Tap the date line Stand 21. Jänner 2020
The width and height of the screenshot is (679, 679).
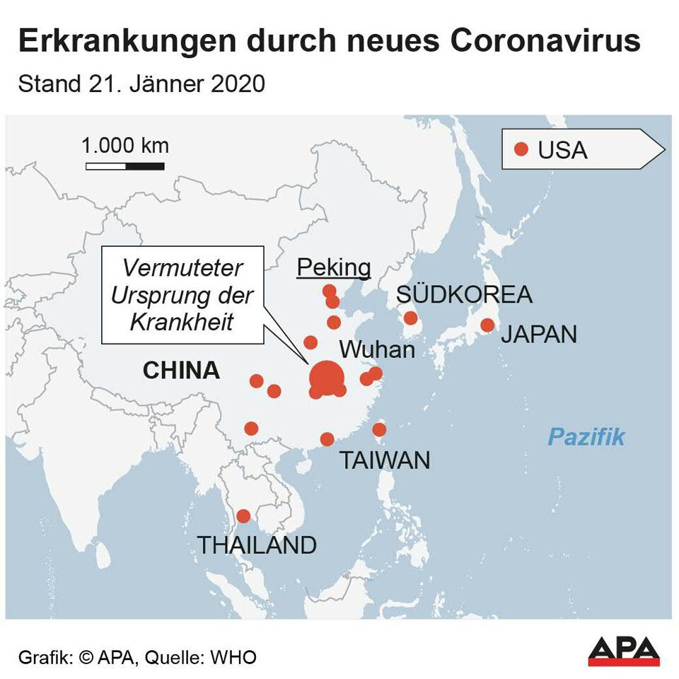pos(141,84)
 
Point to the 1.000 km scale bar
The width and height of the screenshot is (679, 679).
pos(125,166)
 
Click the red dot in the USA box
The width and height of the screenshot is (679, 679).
pos(521,149)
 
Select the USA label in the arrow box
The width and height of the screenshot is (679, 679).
pos(563,150)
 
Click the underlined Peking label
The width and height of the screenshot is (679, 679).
pos(334,267)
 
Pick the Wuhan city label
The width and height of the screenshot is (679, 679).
pos(376,350)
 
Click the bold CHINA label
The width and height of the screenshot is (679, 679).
pos(181,371)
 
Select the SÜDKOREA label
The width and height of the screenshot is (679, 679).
pos(464,294)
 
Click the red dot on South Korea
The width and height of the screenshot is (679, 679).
pos(410,318)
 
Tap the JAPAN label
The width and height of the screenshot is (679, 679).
pos(539,334)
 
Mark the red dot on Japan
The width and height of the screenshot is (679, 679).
pos(487,325)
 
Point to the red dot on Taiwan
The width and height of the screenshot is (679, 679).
pos(379,429)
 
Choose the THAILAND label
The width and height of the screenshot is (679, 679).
pos(256,545)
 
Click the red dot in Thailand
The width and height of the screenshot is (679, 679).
pos(243,516)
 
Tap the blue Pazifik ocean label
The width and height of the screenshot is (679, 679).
pos(586,437)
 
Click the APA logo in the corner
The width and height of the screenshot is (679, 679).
pos(624,651)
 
